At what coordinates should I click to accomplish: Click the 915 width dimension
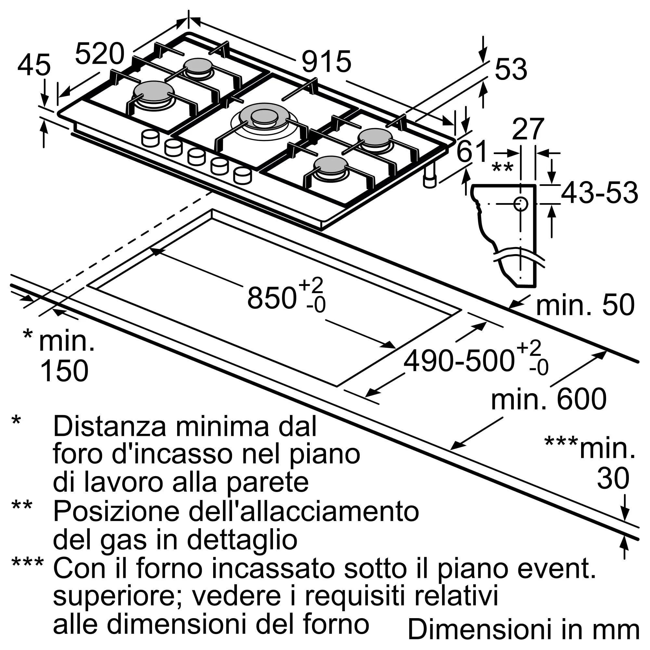(x=326, y=61)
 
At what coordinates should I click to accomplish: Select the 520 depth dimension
(x=99, y=54)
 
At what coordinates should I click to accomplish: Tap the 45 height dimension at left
(x=34, y=65)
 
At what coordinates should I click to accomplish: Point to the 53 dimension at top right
(x=511, y=69)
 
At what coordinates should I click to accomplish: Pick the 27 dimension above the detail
(x=527, y=129)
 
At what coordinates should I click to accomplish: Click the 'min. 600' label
(x=549, y=399)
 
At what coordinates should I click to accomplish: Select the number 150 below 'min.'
(x=64, y=371)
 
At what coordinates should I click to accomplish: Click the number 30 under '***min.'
(x=613, y=478)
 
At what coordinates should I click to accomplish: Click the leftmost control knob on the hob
(x=150, y=138)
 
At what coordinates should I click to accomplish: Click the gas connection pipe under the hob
(x=430, y=175)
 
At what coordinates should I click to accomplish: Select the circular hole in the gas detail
(x=520, y=203)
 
